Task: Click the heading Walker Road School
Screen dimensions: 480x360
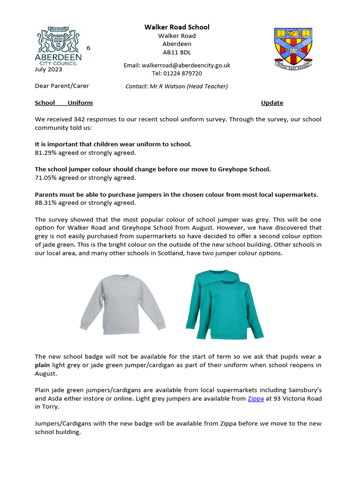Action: (177, 27)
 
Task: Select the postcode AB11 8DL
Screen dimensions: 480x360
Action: (177, 52)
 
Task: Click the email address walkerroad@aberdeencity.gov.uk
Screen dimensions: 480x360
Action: (177, 66)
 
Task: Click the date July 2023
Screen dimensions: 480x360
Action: (48, 70)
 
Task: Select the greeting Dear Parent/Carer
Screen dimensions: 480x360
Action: (61, 86)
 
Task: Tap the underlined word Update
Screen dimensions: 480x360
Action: (272, 103)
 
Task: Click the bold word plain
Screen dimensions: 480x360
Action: (43, 365)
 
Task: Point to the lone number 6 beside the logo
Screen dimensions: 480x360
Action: (88, 48)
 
